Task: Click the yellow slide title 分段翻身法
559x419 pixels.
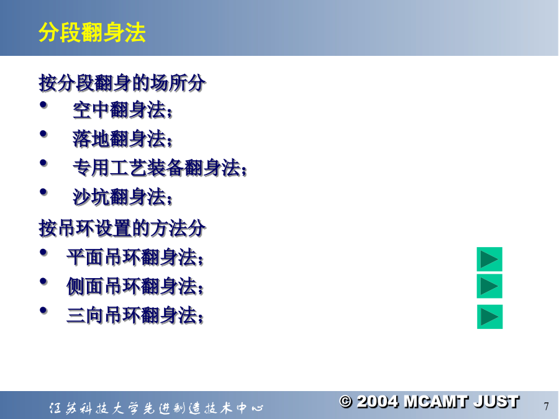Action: click(x=92, y=33)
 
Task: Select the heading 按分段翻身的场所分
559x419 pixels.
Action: click(x=122, y=83)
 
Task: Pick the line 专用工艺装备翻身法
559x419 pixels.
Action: click(x=160, y=168)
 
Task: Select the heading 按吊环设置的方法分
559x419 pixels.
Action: click(x=122, y=228)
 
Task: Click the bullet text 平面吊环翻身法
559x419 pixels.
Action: click(x=135, y=257)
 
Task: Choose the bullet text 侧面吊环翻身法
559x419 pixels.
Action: click(x=135, y=286)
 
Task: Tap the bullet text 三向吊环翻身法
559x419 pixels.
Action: click(x=135, y=315)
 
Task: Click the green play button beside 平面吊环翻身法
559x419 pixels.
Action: click(x=489, y=259)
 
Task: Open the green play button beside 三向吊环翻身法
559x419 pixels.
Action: click(x=490, y=317)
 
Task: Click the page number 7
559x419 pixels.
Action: click(x=546, y=407)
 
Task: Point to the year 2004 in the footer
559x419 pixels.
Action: click(x=377, y=402)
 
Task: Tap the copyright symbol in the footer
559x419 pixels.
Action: click(x=345, y=402)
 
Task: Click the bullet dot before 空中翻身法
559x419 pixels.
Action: click(x=43, y=105)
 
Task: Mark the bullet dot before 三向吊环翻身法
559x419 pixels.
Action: click(x=43, y=310)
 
